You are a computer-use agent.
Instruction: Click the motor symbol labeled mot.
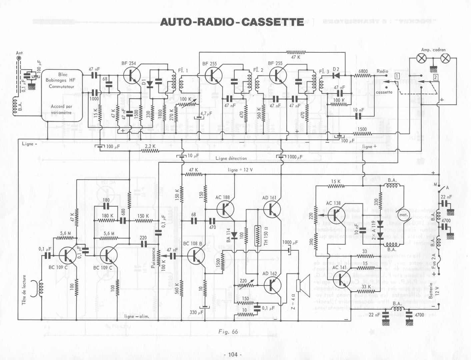click(404, 215)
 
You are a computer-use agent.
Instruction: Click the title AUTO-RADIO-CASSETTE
click(232, 22)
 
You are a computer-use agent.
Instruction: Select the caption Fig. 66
click(228, 332)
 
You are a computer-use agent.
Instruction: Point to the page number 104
click(232, 354)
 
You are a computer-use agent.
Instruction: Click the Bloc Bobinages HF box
click(62, 95)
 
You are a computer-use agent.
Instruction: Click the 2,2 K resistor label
click(150, 146)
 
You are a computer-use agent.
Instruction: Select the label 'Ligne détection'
click(231, 158)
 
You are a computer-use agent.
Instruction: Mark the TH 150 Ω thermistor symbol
click(258, 236)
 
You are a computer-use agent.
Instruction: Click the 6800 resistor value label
click(363, 71)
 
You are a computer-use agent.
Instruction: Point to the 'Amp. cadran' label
click(433, 50)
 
